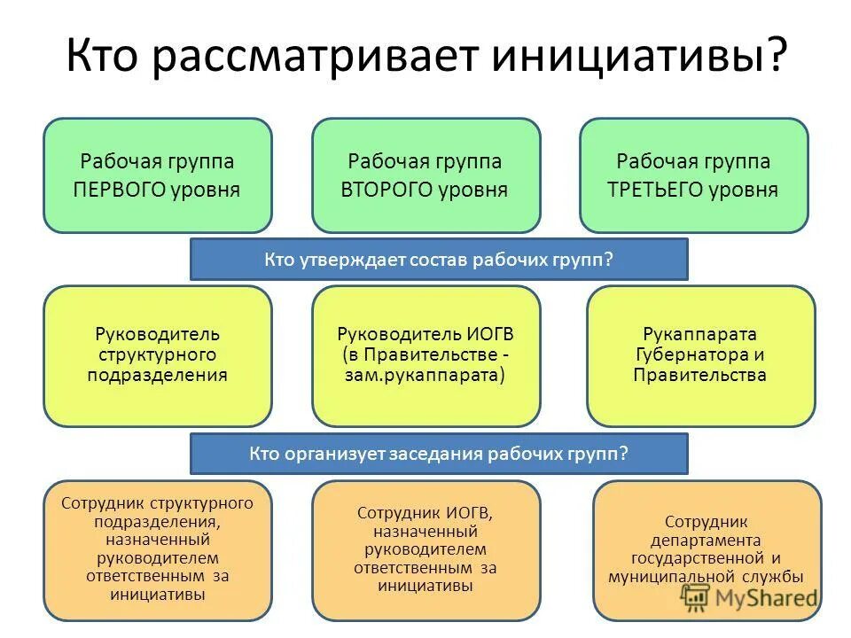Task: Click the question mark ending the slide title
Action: [775, 56]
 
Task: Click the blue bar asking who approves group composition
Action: [439, 260]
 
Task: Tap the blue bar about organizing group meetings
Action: [439, 454]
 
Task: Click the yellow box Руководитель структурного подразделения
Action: [158, 354]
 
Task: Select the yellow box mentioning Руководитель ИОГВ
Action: [425, 354]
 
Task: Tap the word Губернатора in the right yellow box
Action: [681, 354]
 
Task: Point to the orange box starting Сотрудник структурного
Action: [158, 549]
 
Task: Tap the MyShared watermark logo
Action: [749, 598]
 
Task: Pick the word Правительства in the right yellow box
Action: [700, 374]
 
